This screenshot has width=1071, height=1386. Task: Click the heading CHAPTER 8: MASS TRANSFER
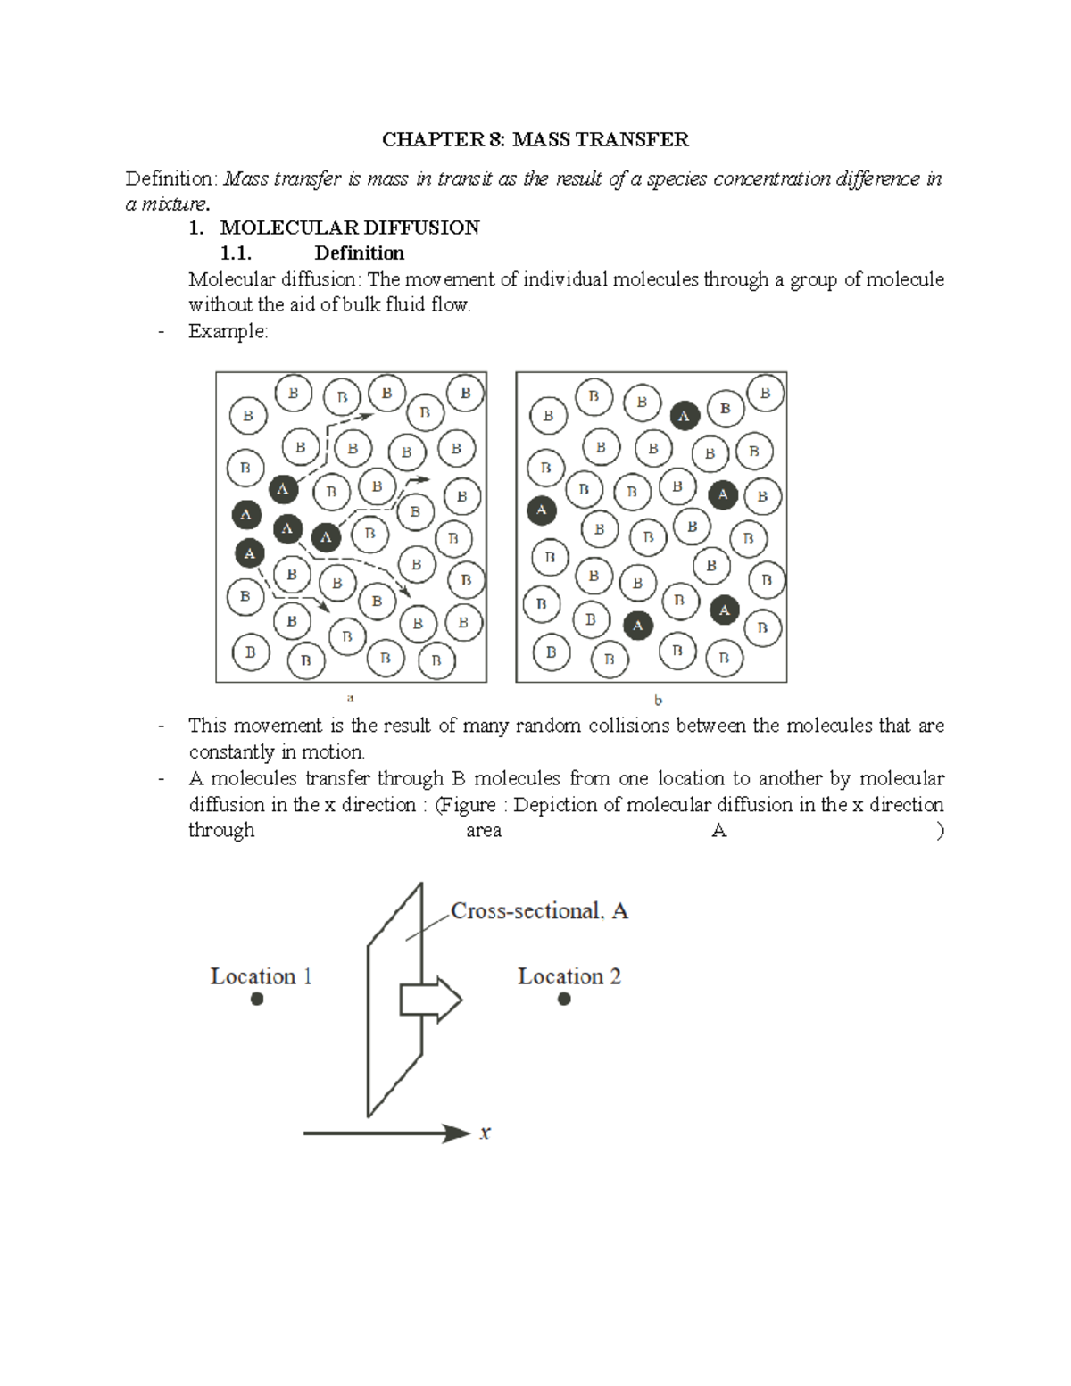[535, 140]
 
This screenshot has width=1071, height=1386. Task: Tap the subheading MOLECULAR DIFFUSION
[349, 228]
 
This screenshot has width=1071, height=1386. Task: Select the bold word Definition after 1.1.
[359, 253]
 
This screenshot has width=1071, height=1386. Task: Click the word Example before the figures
[227, 331]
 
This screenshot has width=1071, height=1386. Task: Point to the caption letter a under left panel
[351, 698]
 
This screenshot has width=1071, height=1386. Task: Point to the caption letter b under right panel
[658, 701]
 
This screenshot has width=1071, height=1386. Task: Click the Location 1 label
[261, 976]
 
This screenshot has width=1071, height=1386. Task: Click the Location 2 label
[569, 976]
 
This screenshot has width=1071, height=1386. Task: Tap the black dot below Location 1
[257, 999]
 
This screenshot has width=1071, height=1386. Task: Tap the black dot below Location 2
[564, 999]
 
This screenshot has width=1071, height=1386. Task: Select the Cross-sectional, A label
[539, 911]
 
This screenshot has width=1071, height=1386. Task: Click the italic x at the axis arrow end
[486, 1133]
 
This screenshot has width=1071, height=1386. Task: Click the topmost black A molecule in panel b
[685, 416]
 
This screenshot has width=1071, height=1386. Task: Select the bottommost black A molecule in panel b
[637, 626]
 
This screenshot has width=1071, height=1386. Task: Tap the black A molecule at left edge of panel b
[542, 510]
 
